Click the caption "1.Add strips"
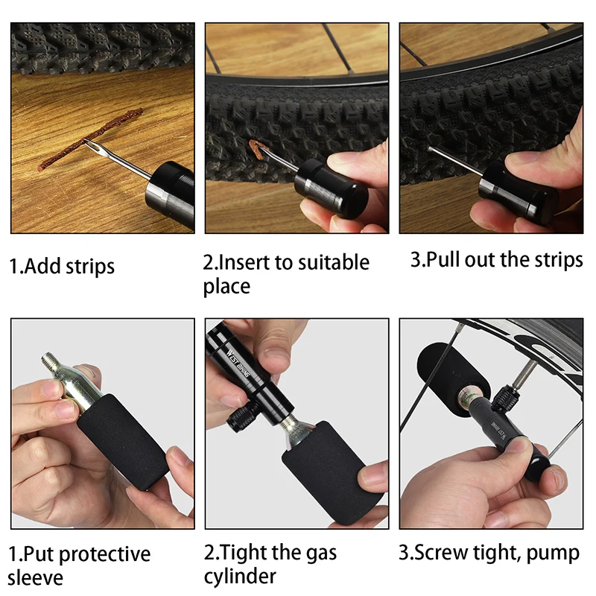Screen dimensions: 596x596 (63, 266)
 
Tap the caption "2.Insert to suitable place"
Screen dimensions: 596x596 (286, 273)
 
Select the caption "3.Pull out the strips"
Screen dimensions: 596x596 (496, 260)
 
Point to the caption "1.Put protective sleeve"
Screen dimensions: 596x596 (79, 565)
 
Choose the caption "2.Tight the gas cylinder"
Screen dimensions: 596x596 (270, 564)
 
